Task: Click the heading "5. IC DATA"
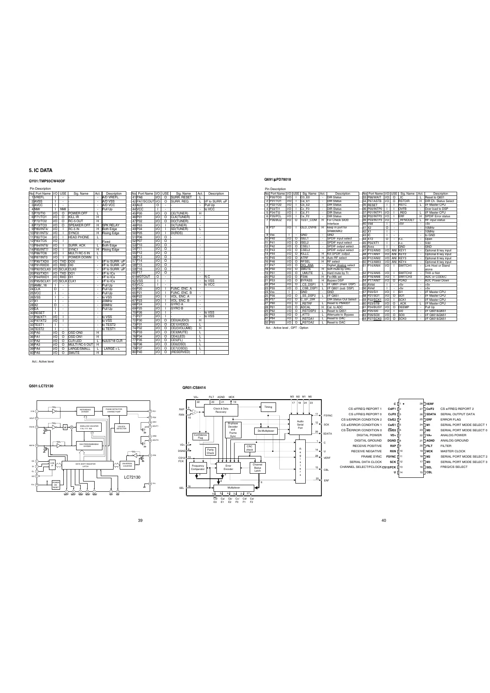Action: point(40,170)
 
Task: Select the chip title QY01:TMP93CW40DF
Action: point(47,181)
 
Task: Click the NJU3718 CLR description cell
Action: point(112,341)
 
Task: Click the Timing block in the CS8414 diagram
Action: point(268,407)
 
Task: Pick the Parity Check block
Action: point(211,451)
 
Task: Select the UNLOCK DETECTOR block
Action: point(122,427)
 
